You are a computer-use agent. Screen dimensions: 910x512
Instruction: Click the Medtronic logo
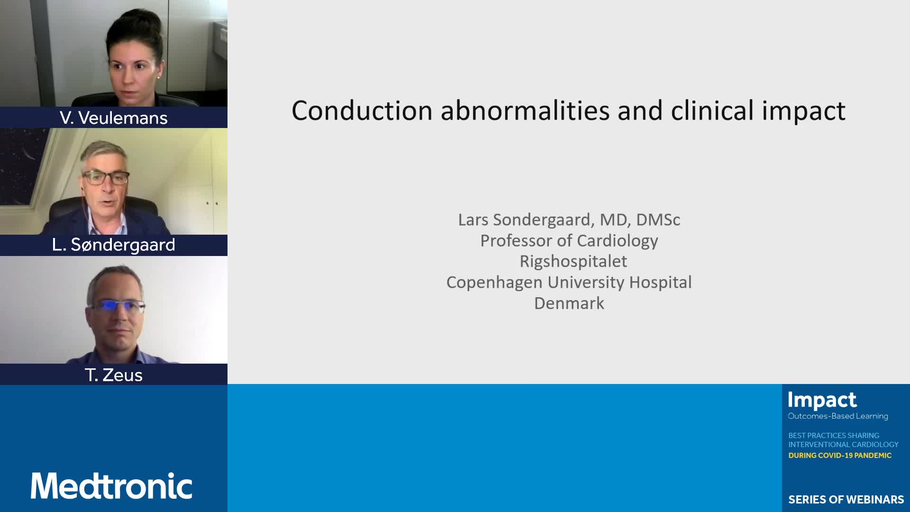pyautogui.click(x=111, y=485)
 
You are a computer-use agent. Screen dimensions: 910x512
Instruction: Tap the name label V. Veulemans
pyautogui.click(x=114, y=118)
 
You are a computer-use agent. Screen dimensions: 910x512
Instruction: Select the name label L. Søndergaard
pyautogui.click(x=114, y=245)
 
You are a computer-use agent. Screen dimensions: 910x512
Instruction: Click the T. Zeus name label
pyautogui.click(x=114, y=375)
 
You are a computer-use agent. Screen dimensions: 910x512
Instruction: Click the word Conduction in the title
pyautogui.click(x=362, y=110)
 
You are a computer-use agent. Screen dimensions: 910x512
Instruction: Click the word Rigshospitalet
pyautogui.click(x=573, y=261)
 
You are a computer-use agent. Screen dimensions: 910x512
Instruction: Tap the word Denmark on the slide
pyautogui.click(x=569, y=303)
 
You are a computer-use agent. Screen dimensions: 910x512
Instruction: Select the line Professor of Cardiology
pyautogui.click(x=569, y=241)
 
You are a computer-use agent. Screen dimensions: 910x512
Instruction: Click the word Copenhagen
pyautogui.click(x=494, y=283)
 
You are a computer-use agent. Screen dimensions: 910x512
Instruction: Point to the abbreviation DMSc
pyautogui.click(x=658, y=220)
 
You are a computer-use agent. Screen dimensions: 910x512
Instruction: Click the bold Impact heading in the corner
pyautogui.click(x=822, y=401)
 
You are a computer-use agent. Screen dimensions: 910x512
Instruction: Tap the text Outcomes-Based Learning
pyautogui.click(x=838, y=416)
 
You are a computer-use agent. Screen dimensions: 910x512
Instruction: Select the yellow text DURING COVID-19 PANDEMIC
pyautogui.click(x=840, y=456)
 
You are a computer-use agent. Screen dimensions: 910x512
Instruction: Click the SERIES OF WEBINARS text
pyautogui.click(x=846, y=500)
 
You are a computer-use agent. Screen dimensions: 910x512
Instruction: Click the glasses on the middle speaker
pyautogui.click(x=105, y=178)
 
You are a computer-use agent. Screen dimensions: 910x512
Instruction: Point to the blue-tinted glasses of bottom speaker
pyautogui.click(x=117, y=306)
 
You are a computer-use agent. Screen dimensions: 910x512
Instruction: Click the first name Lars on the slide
pyautogui.click(x=473, y=220)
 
